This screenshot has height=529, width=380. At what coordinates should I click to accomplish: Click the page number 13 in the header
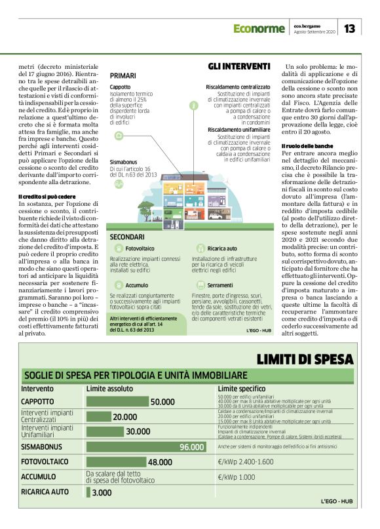click(349, 28)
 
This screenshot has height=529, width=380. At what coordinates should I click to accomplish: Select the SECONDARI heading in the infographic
click(127, 235)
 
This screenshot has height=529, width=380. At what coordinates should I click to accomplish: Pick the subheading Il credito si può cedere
click(43, 196)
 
